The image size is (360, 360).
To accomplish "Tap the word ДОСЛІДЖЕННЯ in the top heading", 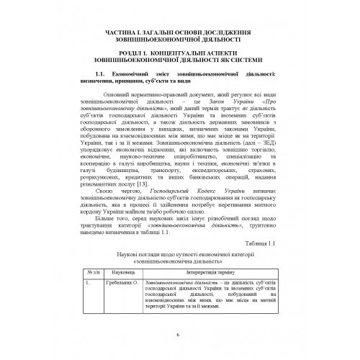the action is (x=230, y=32).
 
